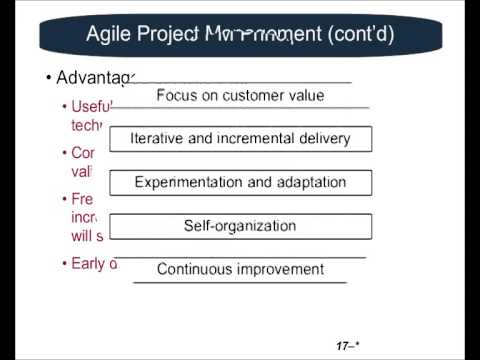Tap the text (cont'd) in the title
[x=356, y=35]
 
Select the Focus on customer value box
[x=240, y=96]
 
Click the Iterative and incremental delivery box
[x=240, y=139]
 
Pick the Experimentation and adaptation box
[x=240, y=183]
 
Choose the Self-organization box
[x=240, y=226]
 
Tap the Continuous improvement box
[x=240, y=269]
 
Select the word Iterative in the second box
[x=162, y=139]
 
